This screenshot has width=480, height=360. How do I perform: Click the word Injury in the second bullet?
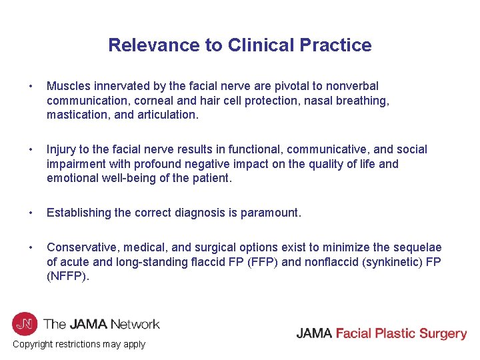(x=61, y=149)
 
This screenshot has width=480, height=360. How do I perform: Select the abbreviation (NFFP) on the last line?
(x=67, y=276)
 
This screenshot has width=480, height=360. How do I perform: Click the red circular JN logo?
(x=25, y=324)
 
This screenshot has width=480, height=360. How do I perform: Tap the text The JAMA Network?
(x=101, y=325)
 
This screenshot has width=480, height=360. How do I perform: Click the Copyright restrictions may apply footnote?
(x=79, y=344)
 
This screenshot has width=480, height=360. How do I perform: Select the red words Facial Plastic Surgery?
(x=401, y=333)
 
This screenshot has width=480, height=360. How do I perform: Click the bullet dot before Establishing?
(x=31, y=213)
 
